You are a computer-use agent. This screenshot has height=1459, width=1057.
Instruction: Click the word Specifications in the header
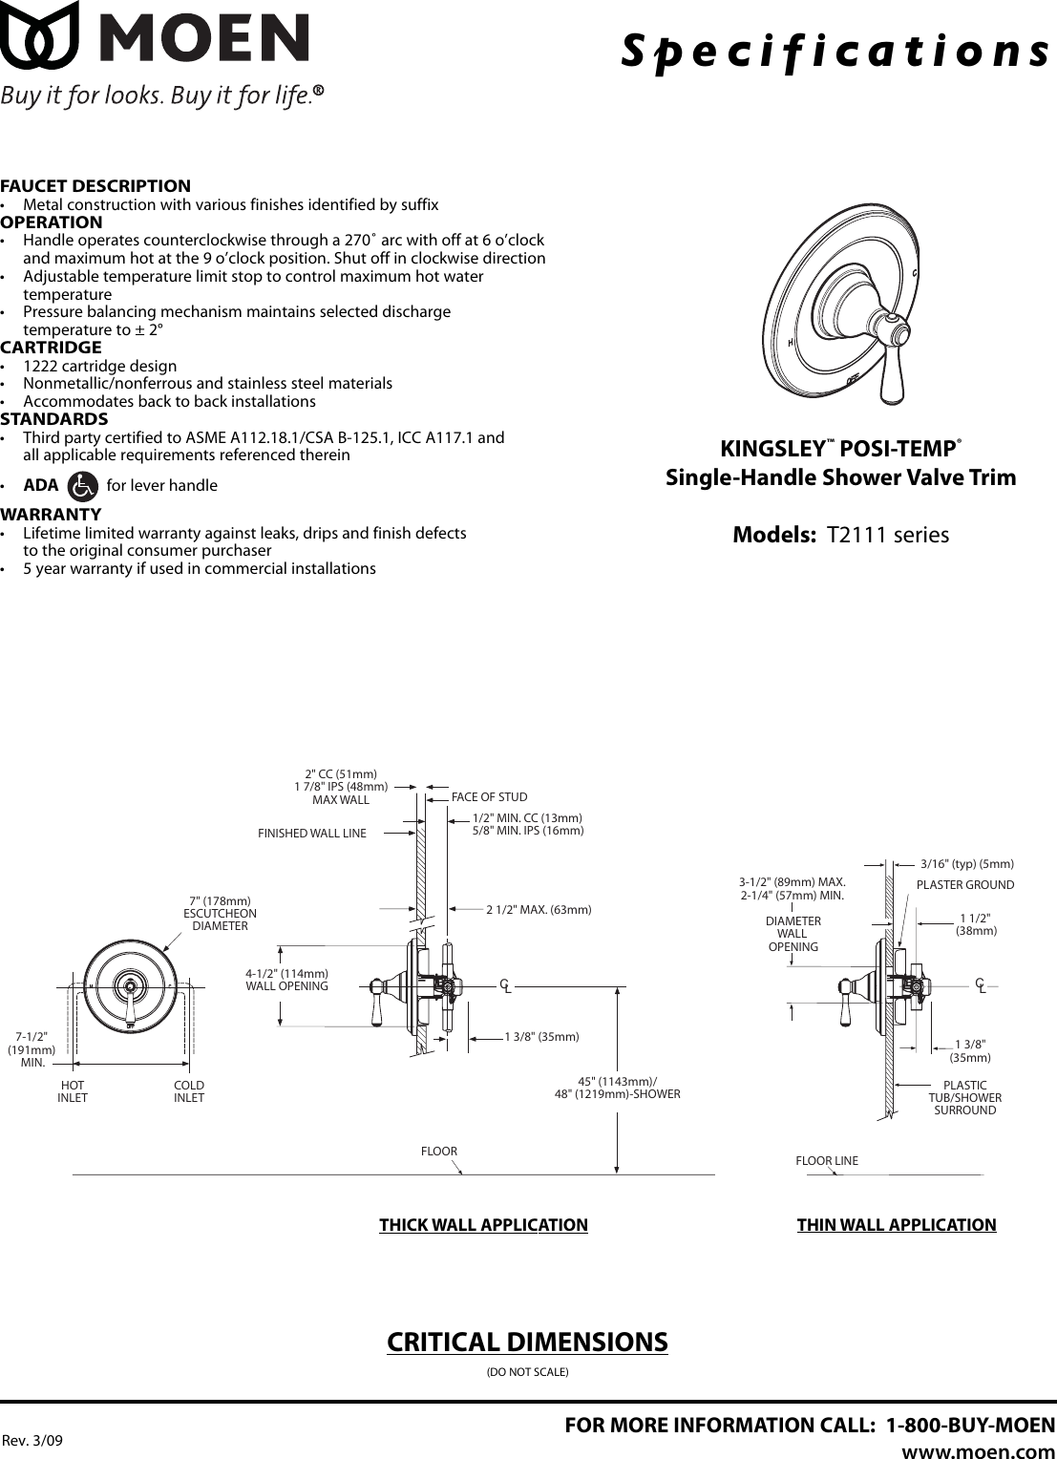point(836,50)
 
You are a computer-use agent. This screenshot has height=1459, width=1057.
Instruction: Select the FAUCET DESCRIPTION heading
point(95,186)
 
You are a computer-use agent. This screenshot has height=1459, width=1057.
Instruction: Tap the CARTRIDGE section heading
point(51,348)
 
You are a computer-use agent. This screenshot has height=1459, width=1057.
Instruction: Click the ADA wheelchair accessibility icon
point(84,486)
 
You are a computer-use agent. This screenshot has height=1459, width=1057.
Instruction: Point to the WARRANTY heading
point(51,515)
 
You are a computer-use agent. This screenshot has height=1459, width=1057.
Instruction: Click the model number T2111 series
point(887,535)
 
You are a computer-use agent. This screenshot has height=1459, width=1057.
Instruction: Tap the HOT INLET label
point(73,1091)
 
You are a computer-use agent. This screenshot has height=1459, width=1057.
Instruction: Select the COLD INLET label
point(189,1091)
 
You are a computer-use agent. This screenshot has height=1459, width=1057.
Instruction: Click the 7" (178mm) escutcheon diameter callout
point(220,914)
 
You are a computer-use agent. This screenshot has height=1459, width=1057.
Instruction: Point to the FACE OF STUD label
point(489,797)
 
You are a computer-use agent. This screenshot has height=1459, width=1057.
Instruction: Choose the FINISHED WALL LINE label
point(312,834)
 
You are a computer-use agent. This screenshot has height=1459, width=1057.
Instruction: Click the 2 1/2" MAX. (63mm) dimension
point(539,910)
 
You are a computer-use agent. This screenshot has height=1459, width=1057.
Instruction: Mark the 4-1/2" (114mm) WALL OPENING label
point(286,980)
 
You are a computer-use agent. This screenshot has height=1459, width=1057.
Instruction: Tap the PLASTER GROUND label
point(964,885)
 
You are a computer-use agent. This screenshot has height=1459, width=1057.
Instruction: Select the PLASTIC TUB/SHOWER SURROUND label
point(964,1098)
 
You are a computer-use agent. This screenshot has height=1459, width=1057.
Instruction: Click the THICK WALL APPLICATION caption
point(483,1225)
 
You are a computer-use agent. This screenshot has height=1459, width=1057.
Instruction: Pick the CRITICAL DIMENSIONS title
point(527,1342)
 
